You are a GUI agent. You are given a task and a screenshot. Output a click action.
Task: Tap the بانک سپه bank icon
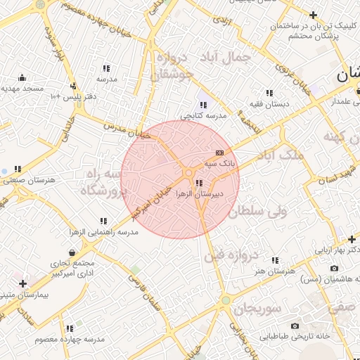219,153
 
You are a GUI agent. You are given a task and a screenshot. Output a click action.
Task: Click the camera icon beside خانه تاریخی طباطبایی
294,326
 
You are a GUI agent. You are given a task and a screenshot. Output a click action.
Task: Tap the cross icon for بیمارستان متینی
23,283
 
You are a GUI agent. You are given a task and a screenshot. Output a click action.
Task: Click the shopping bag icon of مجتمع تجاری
72,252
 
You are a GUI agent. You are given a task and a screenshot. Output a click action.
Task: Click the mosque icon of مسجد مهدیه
22,77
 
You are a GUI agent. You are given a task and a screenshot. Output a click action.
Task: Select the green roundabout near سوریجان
225,301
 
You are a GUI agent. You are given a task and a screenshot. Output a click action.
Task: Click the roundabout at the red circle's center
188,173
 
